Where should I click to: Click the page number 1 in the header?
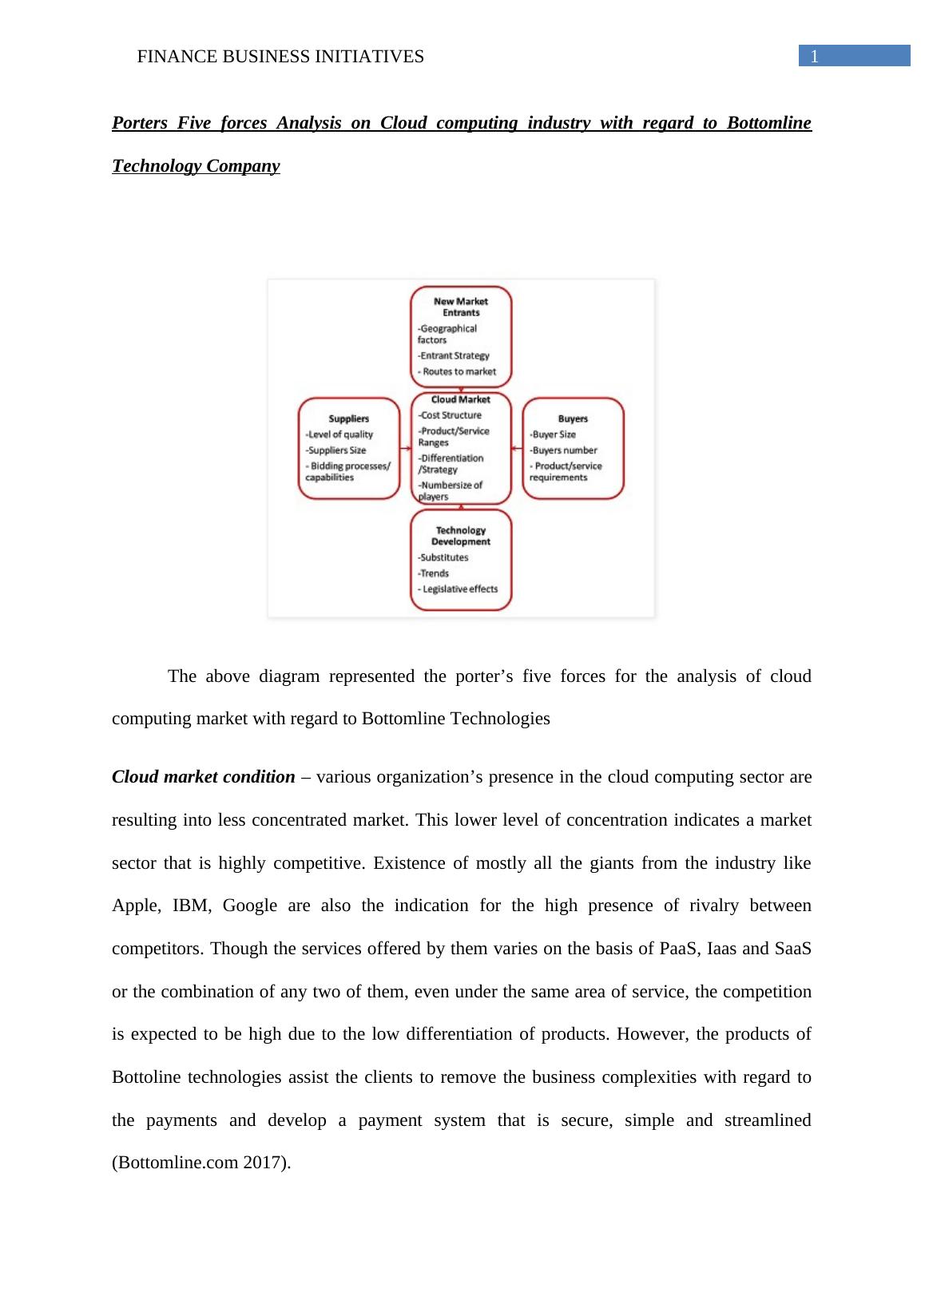(814, 57)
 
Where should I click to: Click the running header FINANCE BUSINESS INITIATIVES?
(280, 57)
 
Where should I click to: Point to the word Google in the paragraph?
(250, 906)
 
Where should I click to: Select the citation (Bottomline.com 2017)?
(201, 1163)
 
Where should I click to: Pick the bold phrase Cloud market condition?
(203, 777)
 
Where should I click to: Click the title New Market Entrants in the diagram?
(461, 307)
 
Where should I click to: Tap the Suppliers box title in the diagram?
(349, 418)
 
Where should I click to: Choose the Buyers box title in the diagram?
(573, 418)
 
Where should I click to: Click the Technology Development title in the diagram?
(461, 536)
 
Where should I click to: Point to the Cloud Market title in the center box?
(461, 399)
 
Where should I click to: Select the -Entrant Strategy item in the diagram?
(454, 355)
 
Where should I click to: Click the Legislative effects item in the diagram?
(459, 589)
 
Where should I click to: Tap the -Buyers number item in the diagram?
(564, 450)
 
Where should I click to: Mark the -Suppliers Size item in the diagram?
(335, 450)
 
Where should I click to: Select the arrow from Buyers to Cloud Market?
(517, 449)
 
